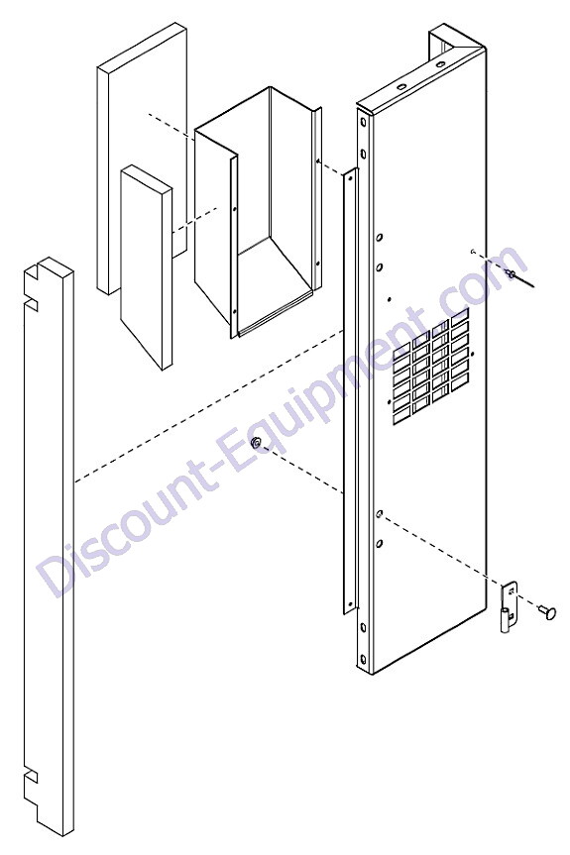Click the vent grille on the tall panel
point(430,368)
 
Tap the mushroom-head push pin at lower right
point(547,612)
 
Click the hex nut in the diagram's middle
point(255,442)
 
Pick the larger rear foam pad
point(143,159)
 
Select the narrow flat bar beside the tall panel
point(350,391)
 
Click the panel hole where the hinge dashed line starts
point(380,513)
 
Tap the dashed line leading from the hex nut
point(303,469)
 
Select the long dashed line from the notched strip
point(208,406)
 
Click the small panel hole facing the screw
point(473,252)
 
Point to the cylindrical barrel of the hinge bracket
point(505,619)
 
